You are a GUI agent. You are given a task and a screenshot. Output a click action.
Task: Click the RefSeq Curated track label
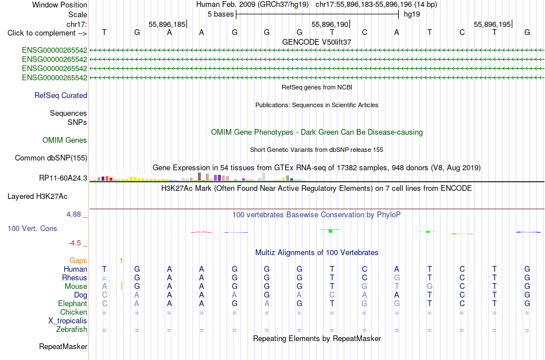(61, 96)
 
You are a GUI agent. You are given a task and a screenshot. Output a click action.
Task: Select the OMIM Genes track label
(65, 140)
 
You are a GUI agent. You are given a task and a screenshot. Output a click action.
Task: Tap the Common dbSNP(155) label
(51, 158)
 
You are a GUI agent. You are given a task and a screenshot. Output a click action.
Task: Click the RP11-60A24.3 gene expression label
(63, 178)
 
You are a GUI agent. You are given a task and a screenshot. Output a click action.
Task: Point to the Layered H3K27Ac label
(37, 197)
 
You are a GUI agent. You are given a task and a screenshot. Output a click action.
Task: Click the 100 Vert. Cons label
(32, 228)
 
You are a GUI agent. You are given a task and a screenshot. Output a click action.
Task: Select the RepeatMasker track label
(63, 346)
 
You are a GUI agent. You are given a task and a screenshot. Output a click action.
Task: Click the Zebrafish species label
(72, 329)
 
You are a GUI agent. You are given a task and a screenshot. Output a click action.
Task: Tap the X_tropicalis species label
(68, 321)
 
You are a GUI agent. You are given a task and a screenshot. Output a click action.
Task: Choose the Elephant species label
(73, 303)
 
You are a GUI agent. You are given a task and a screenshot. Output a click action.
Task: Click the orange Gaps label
(78, 261)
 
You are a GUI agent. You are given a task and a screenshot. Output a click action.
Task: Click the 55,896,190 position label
(330, 25)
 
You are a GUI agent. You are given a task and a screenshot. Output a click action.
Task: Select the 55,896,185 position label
(167, 25)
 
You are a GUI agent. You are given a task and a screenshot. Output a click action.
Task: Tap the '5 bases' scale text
(221, 14)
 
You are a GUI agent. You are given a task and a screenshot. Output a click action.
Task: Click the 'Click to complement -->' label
(47, 33)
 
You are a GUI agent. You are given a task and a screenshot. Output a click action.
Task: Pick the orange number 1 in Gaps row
(121, 260)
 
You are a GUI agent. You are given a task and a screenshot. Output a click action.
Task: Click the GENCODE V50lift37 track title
(317, 42)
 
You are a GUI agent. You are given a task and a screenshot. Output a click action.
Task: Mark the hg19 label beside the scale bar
(412, 14)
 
